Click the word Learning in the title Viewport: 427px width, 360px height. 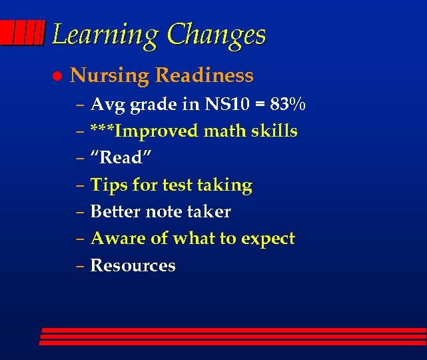(x=105, y=35)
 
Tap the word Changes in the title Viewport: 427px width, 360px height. (x=216, y=35)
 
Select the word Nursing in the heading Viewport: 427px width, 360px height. (x=109, y=76)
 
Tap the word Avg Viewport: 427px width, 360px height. (x=107, y=105)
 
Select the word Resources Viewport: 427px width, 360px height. (x=133, y=265)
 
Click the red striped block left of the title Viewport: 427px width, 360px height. (x=23, y=33)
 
